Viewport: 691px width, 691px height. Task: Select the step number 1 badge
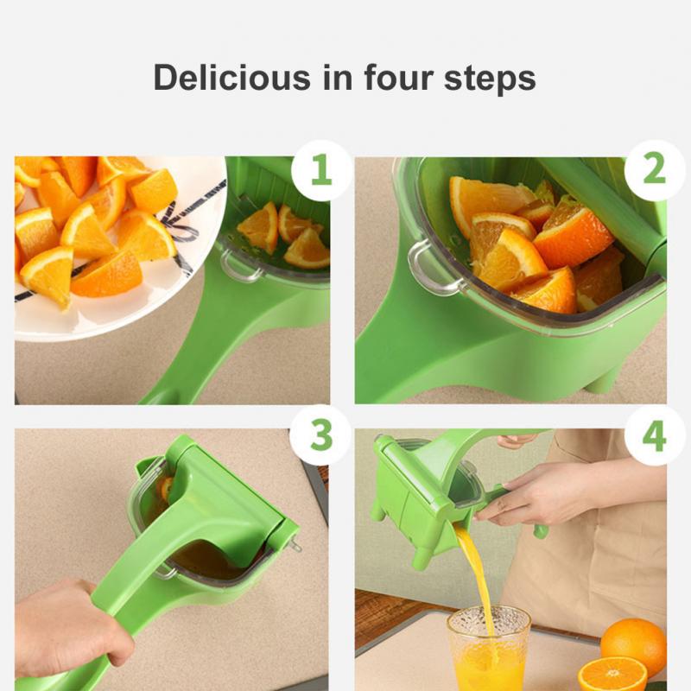click(x=320, y=170)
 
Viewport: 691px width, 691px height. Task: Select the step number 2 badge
click(x=654, y=170)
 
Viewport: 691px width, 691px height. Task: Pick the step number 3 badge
click(x=320, y=435)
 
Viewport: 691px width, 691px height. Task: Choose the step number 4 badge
click(x=654, y=435)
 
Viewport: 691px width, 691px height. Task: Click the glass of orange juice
click(x=488, y=650)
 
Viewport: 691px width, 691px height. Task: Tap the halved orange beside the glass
click(x=612, y=674)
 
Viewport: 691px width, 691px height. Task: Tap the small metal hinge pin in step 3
click(x=295, y=543)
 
